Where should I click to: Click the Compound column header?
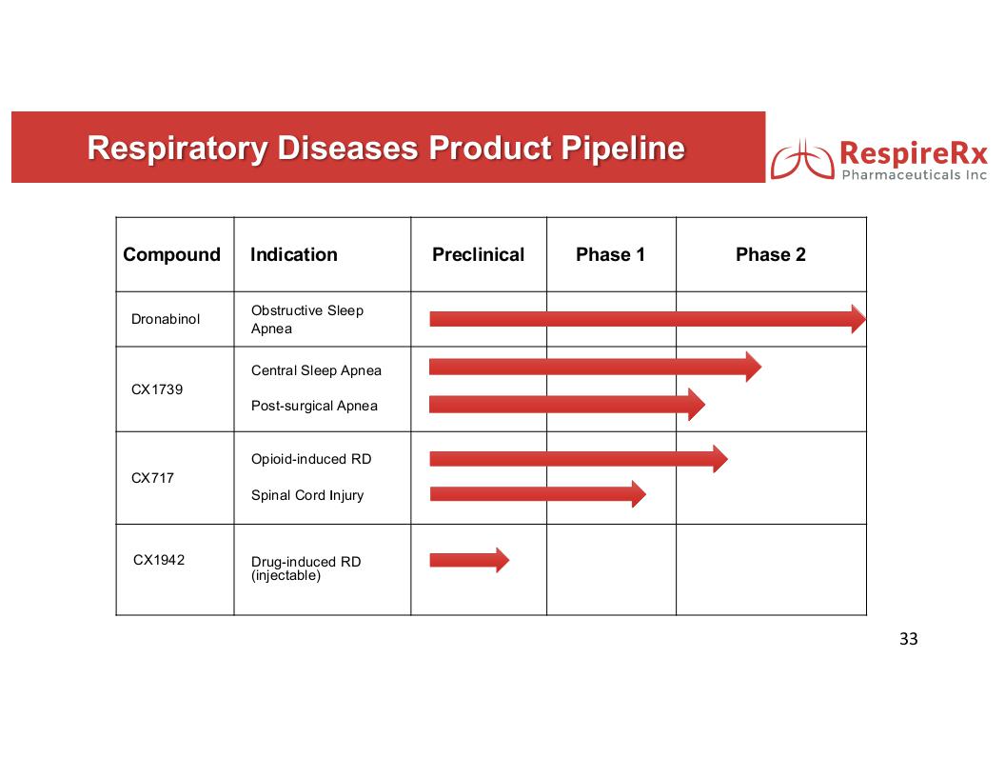point(171,254)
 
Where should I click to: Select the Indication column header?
point(293,254)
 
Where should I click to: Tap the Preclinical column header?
point(478,254)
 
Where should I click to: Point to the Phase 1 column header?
point(610,254)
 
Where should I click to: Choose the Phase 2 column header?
point(771,254)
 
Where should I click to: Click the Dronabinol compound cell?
point(166,319)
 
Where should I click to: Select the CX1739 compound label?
point(157,389)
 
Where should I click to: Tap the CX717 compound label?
point(152,478)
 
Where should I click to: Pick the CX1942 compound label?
point(159,560)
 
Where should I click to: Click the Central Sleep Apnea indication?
point(316,370)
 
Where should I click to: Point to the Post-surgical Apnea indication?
point(314,406)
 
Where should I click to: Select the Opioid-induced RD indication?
point(311,459)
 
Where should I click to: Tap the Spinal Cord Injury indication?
point(307,495)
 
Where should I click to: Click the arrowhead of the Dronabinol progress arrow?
point(858,319)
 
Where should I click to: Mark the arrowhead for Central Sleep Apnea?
point(754,367)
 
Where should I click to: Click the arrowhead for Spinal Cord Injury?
point(639,493)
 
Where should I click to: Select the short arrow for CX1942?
point(469,560)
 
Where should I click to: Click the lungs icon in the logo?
point(802,160)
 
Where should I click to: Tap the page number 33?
point(908,639)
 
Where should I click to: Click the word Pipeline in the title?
point(623,149)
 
